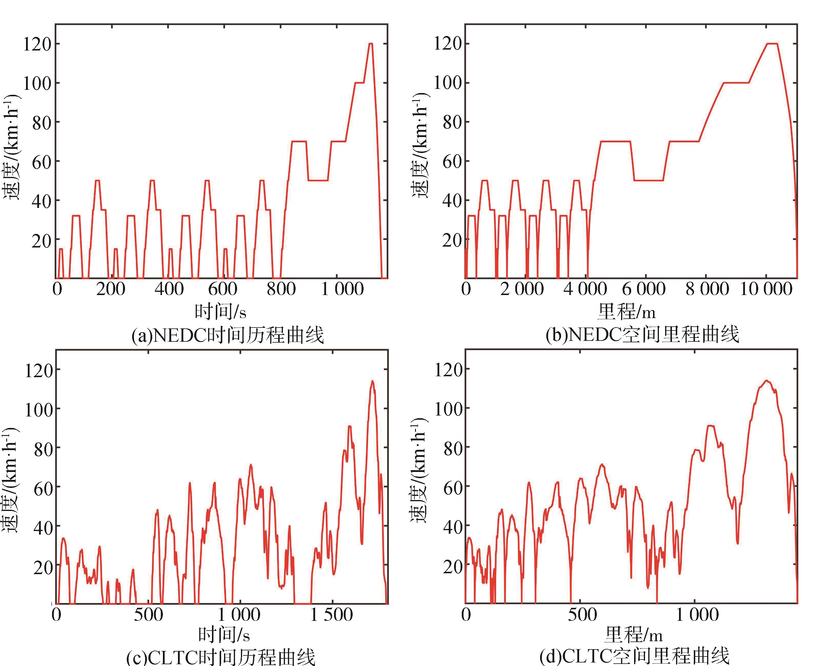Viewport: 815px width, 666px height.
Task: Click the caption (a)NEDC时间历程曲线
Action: tap(228, 335)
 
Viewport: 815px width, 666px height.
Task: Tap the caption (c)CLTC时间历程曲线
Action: tap(221, 657)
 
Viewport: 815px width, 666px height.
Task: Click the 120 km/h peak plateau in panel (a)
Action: tap(370, 44)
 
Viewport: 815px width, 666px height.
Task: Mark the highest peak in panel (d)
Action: tap(767, 381)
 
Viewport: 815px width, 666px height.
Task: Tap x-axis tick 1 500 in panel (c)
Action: tap(331, 615)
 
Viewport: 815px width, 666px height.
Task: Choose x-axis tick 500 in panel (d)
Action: tap(582, 615)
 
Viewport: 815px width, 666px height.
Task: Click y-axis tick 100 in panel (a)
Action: tap(37, 83)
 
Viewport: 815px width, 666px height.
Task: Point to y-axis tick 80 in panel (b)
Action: tap(451, 122)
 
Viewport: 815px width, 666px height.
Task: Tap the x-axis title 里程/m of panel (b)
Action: tap(626, 312)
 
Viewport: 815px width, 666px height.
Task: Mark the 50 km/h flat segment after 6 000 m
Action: tap(649, 180)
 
